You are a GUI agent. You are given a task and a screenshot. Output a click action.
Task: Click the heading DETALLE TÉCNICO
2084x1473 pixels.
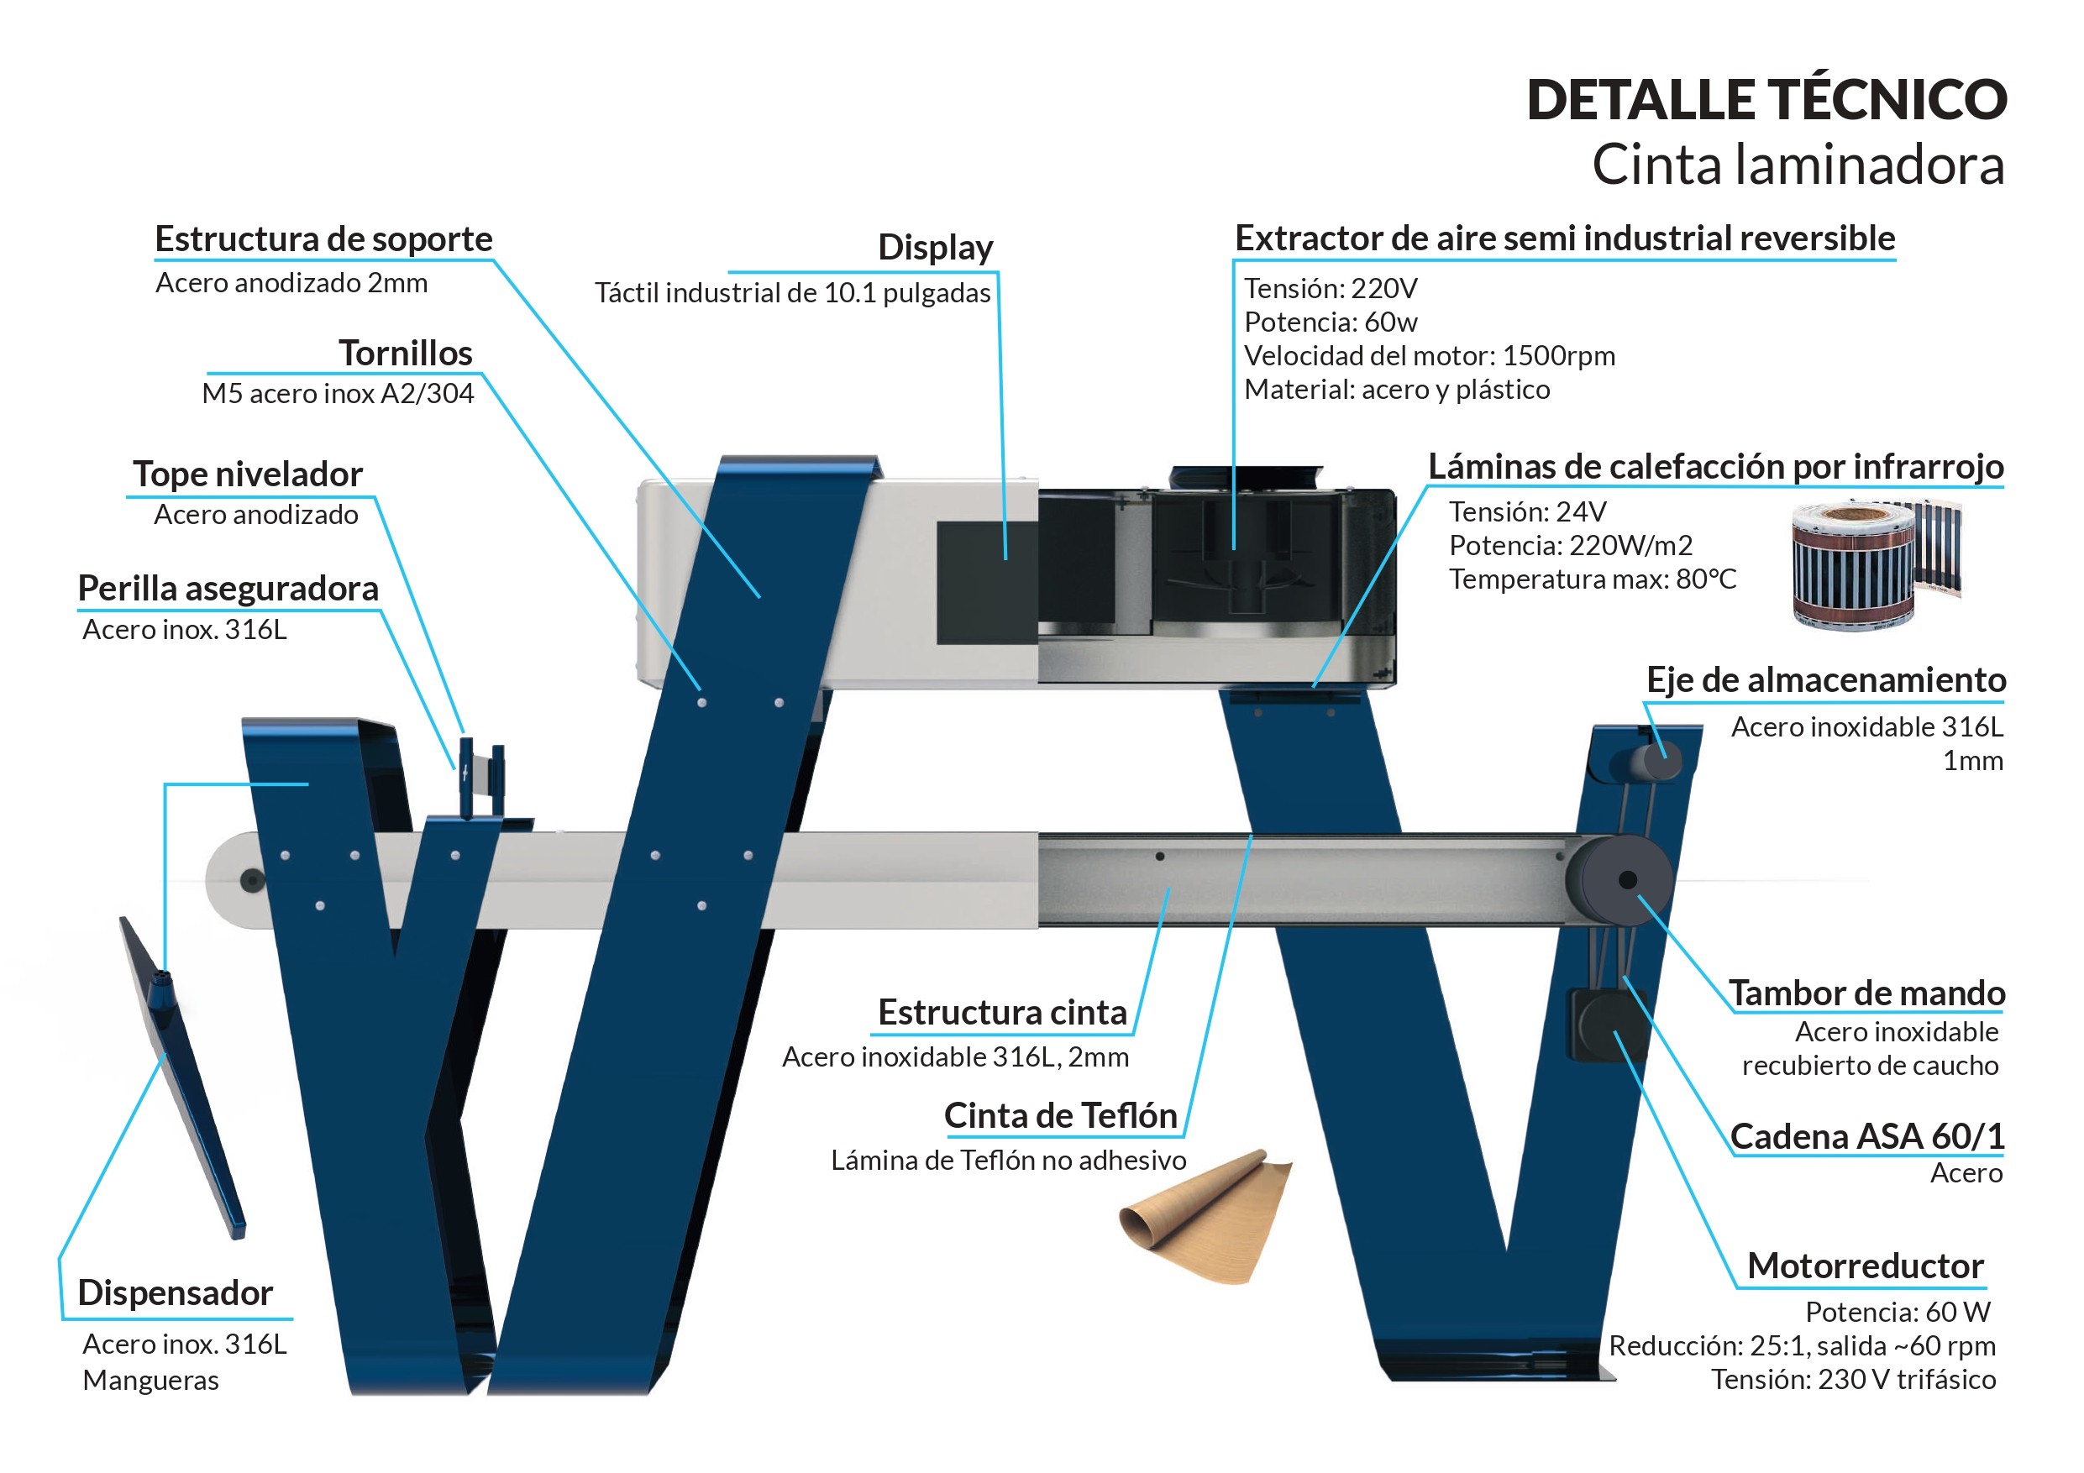(1766, 100)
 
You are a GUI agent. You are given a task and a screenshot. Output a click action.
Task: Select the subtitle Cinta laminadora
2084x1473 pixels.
(1798, 165)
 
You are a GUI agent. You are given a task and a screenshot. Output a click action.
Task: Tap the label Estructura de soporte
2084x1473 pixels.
(323, 239)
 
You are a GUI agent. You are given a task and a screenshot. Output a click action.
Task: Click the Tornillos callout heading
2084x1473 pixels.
(405, 353)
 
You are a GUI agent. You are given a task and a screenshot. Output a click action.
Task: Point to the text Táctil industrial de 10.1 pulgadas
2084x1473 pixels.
(792, 293)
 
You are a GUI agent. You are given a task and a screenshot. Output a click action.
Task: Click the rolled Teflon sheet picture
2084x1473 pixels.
(1205, 1216)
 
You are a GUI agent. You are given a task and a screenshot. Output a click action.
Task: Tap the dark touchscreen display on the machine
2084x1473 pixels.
(987, 583)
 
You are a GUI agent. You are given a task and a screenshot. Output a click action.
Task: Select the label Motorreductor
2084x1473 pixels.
(1866, 1266)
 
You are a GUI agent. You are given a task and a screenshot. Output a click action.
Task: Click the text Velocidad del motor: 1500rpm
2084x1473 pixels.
(1429, 356)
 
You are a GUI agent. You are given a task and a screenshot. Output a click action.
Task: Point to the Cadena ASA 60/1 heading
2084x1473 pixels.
(1866, 1136)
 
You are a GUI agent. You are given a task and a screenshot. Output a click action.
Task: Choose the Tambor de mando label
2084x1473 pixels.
(1866, 993)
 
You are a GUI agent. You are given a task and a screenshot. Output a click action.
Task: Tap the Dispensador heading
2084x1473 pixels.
(176, 1293)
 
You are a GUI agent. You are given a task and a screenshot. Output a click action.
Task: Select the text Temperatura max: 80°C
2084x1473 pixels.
(1592, 579)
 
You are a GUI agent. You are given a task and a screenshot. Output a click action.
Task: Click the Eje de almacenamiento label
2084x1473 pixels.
(1825, 679)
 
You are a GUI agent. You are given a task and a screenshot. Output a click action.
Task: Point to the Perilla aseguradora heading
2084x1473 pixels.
(228, 589)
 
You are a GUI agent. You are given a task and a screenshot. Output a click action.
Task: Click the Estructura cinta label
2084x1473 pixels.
(1001, 1013)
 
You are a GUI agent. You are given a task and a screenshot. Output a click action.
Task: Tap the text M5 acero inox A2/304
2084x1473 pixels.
(338, 394)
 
